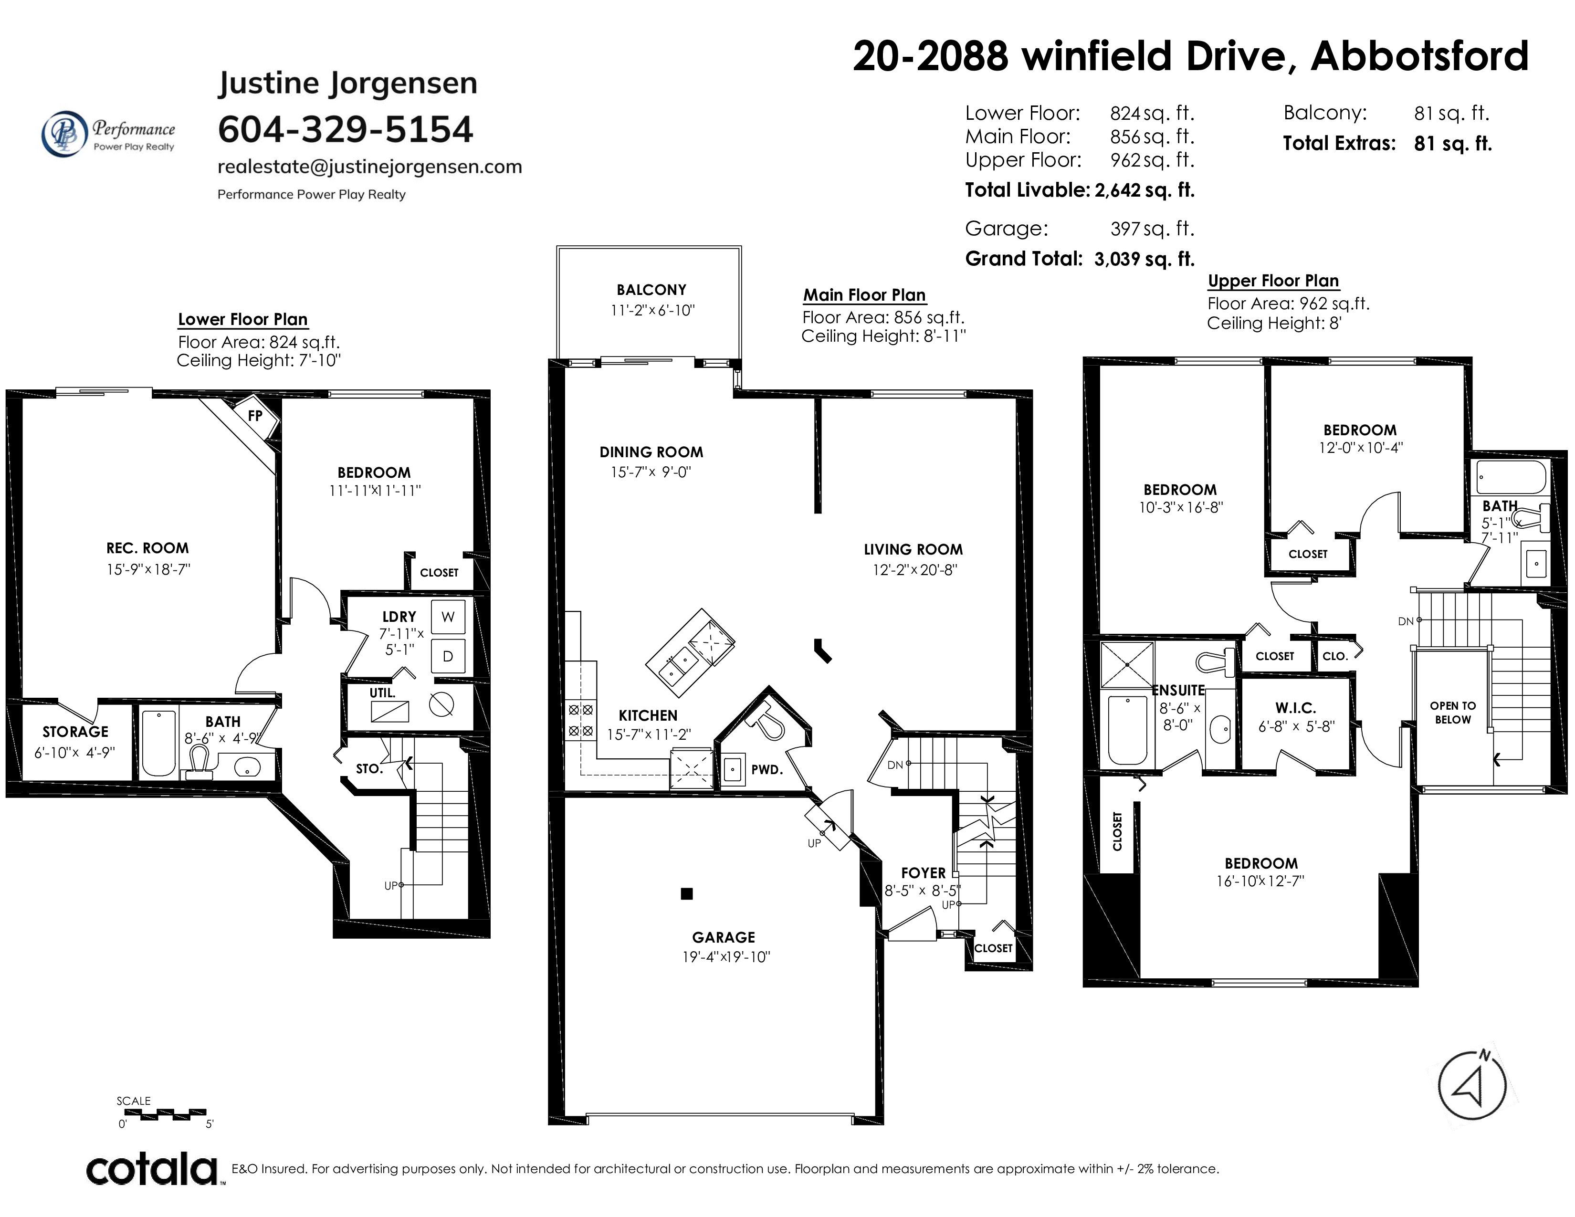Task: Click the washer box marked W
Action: click(x=448, y=617)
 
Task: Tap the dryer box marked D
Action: click(x=448, y=657)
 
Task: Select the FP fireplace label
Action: click(x=254, y=416)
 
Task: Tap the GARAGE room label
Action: click(x=724, y=937)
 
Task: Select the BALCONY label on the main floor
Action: click(x=651, y=290)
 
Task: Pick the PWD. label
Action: click(x=766, y=769)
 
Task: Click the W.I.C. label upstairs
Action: click(x=1295, y=708)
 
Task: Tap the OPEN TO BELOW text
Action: click(x=1453, y=713)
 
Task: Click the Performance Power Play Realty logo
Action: click(x=108, y=133)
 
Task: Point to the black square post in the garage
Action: click(x=686, y=894)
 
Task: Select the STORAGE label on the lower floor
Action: click(x=75, y=732)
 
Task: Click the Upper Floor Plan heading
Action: click(x=1273, y=281)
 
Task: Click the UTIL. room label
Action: click(x=382, y=693)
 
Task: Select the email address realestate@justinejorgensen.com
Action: click(x=370, y=167)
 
